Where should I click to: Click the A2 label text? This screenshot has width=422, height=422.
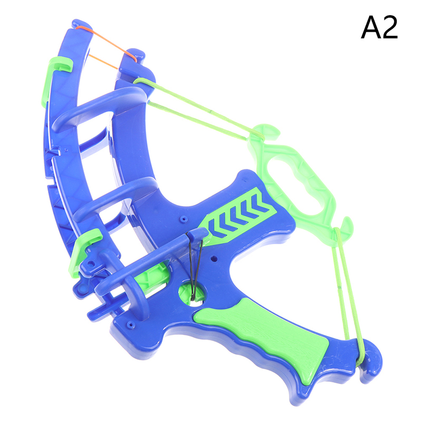[379, 27]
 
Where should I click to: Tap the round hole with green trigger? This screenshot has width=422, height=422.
[191, 293]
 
